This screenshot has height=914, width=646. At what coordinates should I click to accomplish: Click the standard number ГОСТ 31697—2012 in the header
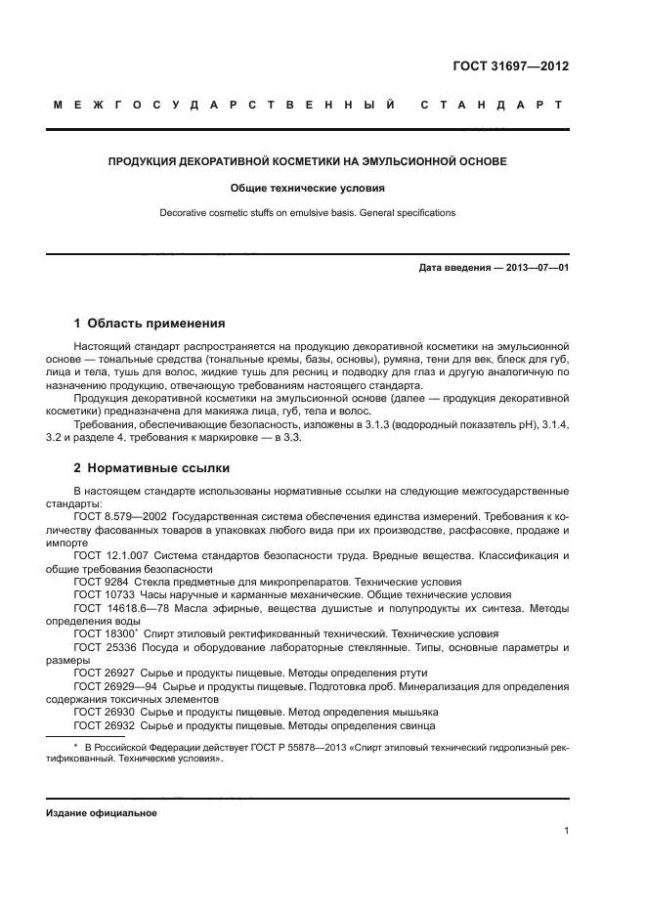coord(510,67)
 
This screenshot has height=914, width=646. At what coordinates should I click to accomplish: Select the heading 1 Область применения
coord(150,323)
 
